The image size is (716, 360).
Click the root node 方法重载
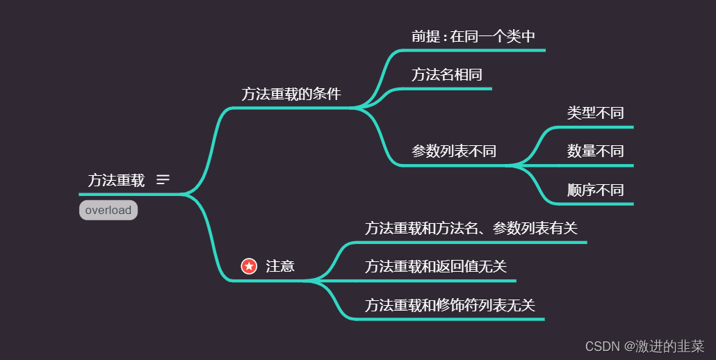tap(116, 181)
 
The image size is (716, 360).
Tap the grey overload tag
tap(108, 210)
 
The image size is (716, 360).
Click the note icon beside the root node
tap(163, 180)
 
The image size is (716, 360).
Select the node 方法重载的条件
tap(291, 95)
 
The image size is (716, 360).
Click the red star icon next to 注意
tap(249, 266)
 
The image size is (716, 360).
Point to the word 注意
tap(280, 266)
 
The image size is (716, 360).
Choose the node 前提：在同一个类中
tap(473, 37)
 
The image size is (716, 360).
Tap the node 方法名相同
tap(446, 75)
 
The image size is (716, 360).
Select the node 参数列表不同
tap(453, 152)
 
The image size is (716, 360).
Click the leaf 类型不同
tap(595, 113)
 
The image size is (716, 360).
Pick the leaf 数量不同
tap(595, 152)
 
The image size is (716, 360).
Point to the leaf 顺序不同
tap(595, 190)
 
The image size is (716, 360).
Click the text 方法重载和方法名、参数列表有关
tap(471, 228)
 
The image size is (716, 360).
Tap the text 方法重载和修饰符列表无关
tap(450, 305)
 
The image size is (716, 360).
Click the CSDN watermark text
tap(644, 346)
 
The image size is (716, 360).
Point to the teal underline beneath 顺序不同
tap(598, 204)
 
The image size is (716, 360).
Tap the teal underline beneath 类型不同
tap(598, 127)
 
